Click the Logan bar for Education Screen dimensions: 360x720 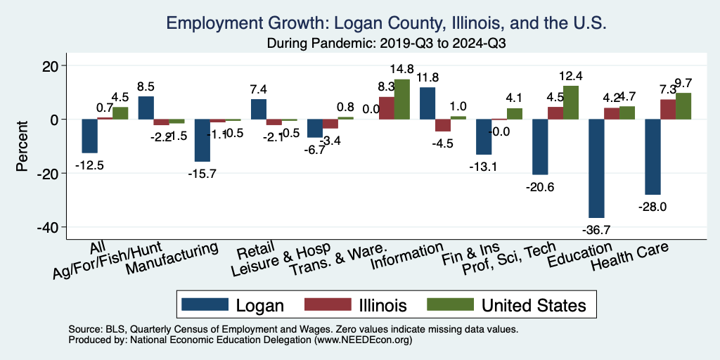(596, 169)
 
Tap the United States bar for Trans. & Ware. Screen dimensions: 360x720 (401, 99)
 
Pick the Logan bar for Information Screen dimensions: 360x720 (427, 103)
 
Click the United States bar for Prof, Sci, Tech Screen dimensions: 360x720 (570, 103)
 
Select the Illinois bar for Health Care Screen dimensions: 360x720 (668, 110)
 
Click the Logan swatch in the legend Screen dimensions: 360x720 (205, 304)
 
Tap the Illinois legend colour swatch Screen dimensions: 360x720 (328, 304)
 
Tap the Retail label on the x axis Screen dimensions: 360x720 (251, 251)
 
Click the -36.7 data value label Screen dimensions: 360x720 (596, 230)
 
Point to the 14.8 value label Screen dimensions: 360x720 (402, 69)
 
